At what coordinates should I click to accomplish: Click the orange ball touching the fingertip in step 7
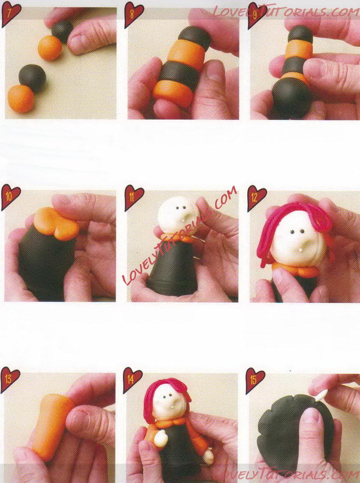click(x=50, y=48)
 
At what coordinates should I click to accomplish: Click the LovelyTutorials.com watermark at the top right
click(x=284, y=12)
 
